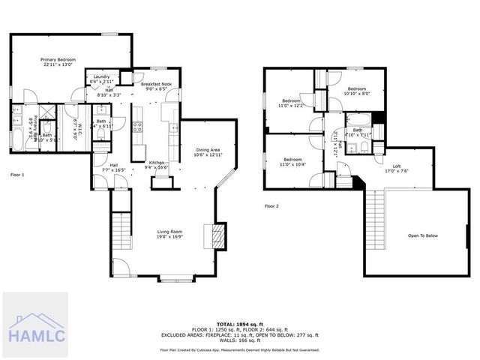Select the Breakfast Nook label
(156, 85)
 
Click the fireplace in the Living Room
(216, 236)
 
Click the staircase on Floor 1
(121, 233)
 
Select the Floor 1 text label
(17, 174)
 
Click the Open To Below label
(422, 235)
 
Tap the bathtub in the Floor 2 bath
(358, 119)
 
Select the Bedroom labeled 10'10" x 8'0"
(357, 89)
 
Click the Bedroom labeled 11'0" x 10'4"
(292, 162)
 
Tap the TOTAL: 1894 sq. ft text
(239, 323)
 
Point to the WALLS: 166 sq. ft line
(239, 340)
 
